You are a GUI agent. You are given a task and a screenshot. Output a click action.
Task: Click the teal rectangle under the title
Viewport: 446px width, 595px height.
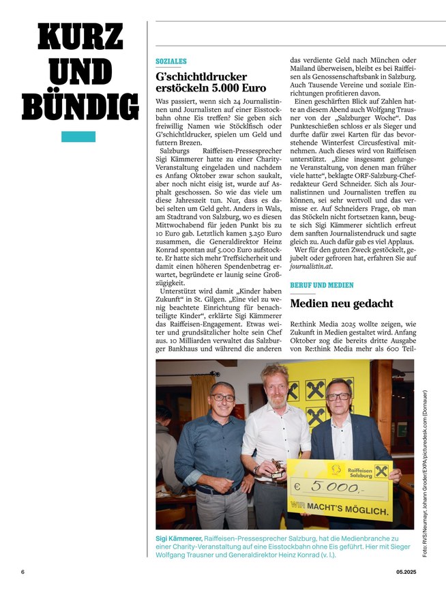point(78,136)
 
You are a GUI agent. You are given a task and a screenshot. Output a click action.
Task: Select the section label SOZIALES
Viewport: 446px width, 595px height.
point(170,61)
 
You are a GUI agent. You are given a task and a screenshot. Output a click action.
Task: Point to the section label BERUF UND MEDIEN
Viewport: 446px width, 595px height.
point(322,285)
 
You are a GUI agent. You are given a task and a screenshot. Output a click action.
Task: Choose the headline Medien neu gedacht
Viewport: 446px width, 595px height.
point(341,304)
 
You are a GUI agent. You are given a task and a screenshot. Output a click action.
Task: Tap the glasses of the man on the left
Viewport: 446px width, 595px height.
point(222,397)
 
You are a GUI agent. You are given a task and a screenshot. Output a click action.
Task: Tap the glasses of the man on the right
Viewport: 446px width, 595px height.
point(338,396)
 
